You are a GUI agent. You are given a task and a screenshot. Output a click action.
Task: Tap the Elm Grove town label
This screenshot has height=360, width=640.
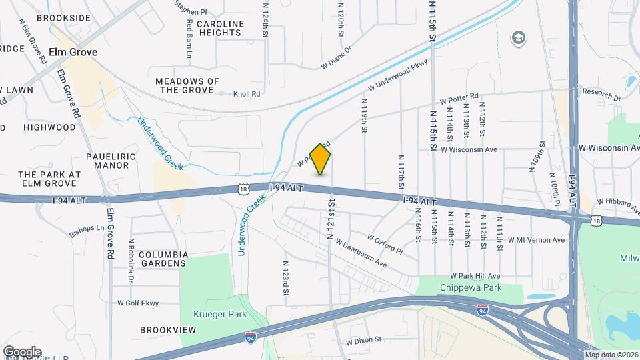(x=76, y=52)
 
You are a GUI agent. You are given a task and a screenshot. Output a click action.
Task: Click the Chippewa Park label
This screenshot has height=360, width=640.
(x=470, y=287)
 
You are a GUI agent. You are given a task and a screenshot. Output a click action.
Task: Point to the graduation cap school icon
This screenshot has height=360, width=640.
(x=517, y=38)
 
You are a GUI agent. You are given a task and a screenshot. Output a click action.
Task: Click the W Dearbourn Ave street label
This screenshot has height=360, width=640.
(x=361, y=253)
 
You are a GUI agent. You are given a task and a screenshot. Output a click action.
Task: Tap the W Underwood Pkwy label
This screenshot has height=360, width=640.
(x=397, y=76)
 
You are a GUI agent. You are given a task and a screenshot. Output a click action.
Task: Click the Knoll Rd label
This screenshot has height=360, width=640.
(x=247, y=94)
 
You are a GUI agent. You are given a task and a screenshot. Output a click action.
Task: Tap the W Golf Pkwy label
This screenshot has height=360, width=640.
(x=138, y=303)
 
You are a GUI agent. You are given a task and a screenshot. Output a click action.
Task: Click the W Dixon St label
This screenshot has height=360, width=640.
(x=363, y=339)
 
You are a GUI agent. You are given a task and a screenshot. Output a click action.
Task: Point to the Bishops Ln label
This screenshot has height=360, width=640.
(x=87, y=231)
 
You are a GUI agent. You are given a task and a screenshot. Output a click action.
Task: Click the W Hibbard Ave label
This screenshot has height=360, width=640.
(x=618, y=201)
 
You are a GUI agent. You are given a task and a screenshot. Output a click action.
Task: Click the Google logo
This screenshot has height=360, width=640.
(x=22, y=351)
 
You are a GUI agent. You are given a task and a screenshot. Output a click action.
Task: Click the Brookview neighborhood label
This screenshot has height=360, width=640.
(x=168, y=330)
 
